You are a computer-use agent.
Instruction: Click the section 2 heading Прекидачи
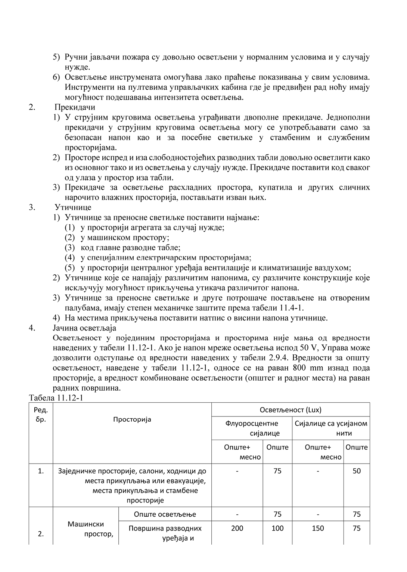click(75, 107)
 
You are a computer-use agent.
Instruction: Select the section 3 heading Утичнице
click(73, 207)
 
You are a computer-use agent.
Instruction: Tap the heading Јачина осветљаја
click(84, 328)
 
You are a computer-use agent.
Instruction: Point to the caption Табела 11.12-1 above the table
click(56, 397)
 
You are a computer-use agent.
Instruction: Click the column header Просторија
click(132, 419)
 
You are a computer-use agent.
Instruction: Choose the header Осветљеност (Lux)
click(291, 410)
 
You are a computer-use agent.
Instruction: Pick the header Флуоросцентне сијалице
click(252, 428)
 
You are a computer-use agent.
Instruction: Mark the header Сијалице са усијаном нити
click(331, 428)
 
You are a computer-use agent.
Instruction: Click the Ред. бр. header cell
click(41, 414)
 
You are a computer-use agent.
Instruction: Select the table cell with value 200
click(237, 528)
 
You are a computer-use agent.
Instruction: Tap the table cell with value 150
click(318, 528)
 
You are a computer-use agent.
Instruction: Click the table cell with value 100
click(277, 528)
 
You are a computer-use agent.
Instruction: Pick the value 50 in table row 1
click(357, 471)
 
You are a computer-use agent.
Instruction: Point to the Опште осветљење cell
click(165, 514)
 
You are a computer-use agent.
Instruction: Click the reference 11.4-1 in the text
click(291, 308)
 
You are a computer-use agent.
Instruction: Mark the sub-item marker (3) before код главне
click(70, 247)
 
